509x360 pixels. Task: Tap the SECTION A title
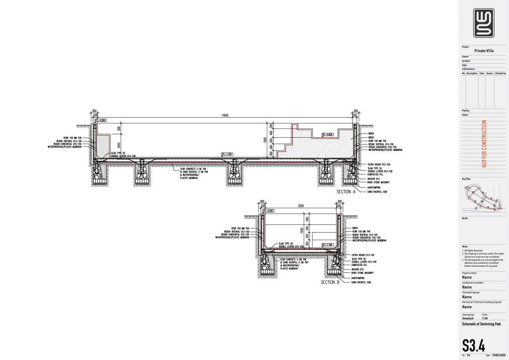pos(346,192)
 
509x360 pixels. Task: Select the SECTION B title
pos(330,282)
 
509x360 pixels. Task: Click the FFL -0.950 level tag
pos(327,135)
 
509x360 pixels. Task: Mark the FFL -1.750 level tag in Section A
pos(227,154)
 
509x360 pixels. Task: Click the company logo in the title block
pos(483,23)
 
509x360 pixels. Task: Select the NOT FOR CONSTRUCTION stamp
pos(484,143)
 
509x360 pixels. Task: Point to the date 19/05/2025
pos(499,355)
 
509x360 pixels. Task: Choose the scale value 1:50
pos(485,319)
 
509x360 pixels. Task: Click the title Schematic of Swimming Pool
pos(482,324)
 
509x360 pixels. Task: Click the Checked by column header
pos(500,74)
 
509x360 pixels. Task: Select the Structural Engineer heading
pos(471,292)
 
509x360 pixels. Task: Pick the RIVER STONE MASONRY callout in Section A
pos(378,182)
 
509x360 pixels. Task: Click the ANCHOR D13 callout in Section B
pos(357,269)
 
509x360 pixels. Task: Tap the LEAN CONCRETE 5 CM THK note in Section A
pos(194,169)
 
